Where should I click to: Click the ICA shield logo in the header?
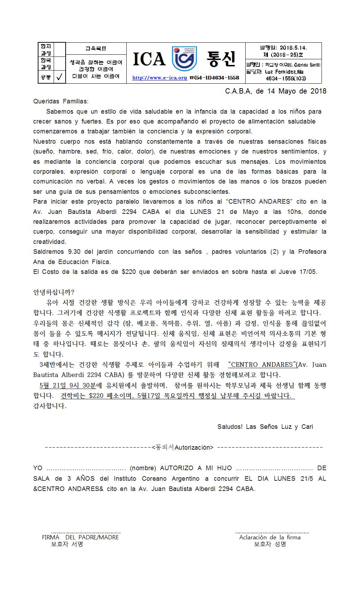pos(184,59)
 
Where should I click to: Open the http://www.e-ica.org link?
pos(160,78)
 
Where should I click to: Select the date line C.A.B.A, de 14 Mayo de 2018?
pos(275,91)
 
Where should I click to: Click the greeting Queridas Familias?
pos(61,101)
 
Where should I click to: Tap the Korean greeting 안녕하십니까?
pos(54,292)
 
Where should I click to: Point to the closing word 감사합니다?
pos(50,406)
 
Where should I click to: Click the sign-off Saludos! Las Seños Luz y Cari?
pos(265,426)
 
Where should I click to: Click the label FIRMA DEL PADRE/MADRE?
pos(80,537)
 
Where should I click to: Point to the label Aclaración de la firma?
pos(270,537)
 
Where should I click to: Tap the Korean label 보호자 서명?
pos(67,544)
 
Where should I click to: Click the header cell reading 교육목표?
pos(96,48)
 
